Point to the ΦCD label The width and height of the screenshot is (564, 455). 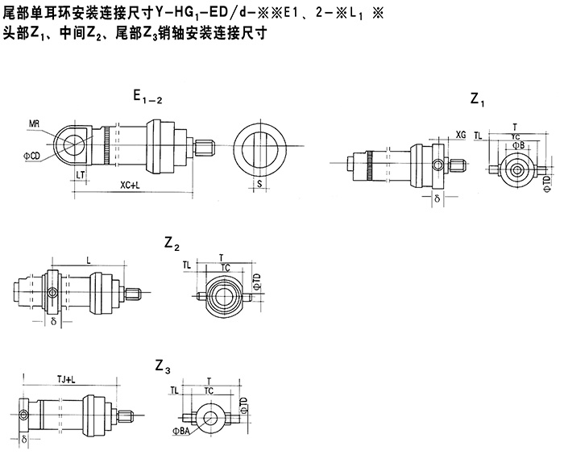click(x=33, y=154)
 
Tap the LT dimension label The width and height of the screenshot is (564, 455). click(x=81, y=173)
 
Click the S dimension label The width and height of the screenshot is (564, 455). click(x=259, y=185)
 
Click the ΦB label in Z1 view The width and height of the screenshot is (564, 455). click(x=519, y=145)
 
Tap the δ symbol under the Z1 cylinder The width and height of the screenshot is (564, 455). click(x=437, y=196)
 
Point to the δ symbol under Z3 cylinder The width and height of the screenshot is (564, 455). click(x=26, y=440)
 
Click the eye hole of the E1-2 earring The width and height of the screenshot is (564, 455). click(x=73, y=144)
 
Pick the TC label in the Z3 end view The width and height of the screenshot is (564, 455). click(x=209, y=390)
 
